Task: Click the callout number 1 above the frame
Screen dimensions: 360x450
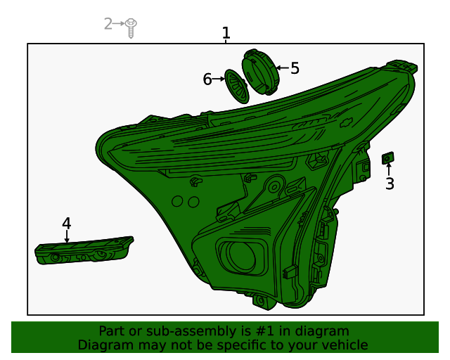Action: pos(226,32)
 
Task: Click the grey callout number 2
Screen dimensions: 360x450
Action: pos(108,24)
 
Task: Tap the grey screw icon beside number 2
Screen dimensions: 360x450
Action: pos(131,27)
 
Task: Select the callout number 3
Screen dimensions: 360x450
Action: pos(389,184)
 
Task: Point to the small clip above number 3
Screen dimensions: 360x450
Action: pos(387,157)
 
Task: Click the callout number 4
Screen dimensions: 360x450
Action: pos(66,224)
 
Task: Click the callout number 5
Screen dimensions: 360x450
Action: pos(295,68)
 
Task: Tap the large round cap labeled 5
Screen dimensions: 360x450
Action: pos(259,72)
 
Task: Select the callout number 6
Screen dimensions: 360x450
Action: pos(207,79)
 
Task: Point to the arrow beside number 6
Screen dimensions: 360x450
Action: pos(219,79)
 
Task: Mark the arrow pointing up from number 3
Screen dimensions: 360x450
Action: pos(389,169)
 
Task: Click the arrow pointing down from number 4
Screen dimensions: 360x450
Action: pos(67,238)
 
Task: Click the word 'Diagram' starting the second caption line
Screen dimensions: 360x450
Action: pos(103,345)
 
